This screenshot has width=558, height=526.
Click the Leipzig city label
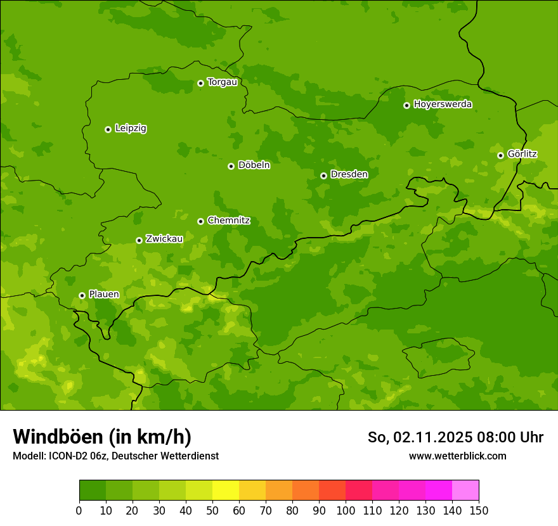click(131, 129)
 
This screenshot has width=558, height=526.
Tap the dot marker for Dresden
click(323, 176)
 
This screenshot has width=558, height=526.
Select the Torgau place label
click(222, 82)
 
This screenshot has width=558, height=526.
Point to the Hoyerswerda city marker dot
click(406, 105)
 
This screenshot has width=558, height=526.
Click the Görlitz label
click(522, 154)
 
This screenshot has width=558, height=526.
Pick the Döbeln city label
click(254, 165)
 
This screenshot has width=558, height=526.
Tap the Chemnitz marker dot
click(200, 221)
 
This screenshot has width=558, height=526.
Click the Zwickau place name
click(164, 239)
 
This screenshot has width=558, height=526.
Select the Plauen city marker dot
click(82, 295)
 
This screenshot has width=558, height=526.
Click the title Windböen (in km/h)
click(102, 437)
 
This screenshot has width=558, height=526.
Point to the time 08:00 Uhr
click(514, 437)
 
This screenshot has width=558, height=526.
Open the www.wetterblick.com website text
click(457, 456)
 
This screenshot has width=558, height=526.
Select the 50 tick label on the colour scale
click(212, 510)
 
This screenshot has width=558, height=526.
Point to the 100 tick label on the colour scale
click(346, 510)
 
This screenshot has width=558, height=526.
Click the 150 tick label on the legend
click(479, 510)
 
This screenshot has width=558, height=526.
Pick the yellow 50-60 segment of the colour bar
click(226, 491)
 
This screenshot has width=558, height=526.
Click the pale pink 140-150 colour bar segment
click(465, 491)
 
